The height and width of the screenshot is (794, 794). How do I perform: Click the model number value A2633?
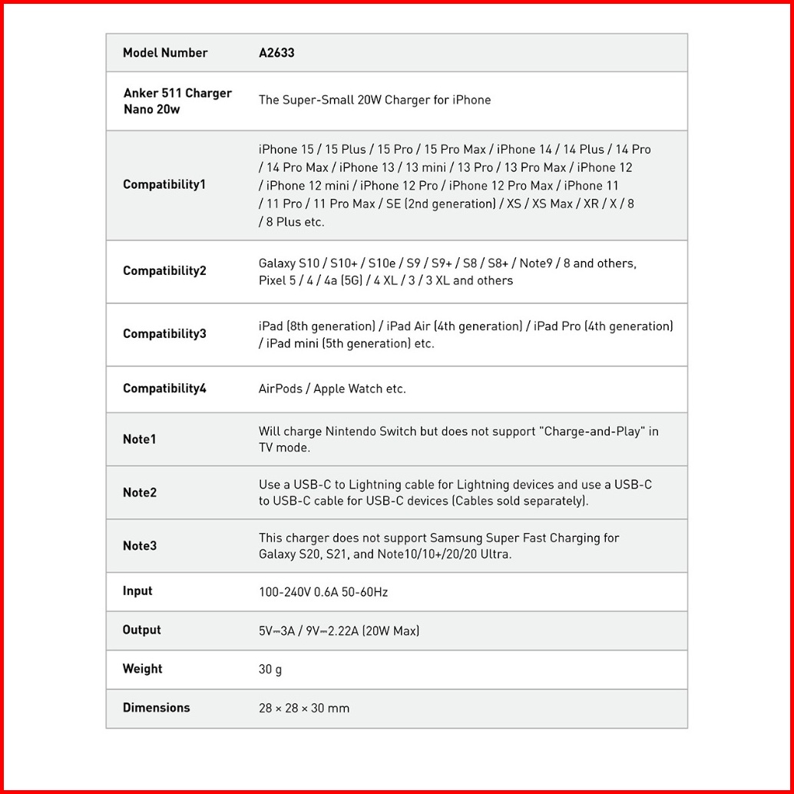coord(276,53)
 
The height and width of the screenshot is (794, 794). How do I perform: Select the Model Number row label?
coord(165,53)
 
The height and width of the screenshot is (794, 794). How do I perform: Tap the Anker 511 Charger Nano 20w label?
coord(177,101)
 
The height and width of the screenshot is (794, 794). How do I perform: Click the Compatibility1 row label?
coord(164,185)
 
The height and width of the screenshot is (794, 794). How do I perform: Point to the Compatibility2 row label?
coord(164,271)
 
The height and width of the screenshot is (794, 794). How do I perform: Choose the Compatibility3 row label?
coord(164,334)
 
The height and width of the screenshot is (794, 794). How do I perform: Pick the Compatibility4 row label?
coord(164,389)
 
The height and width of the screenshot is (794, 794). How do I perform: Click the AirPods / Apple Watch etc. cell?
coord(332,389)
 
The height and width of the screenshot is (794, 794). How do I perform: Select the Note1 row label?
coord(139,439)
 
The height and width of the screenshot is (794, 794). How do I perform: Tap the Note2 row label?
coord(139,492)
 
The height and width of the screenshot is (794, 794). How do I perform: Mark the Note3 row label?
coord(139,546)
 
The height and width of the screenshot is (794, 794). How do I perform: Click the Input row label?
coord(137,591)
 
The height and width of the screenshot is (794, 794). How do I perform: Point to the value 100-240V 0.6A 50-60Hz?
coord(323,593)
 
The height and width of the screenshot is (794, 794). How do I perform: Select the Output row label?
coord(141,630)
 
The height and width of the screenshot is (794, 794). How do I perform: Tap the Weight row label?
coord(142,669)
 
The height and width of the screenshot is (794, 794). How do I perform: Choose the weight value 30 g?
coord(270,670)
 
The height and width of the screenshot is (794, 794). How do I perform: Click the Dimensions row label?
coord(156,708)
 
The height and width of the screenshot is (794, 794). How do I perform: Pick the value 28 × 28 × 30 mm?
coord(304,708)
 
